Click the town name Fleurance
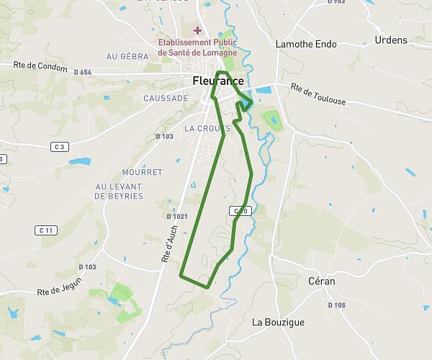(218, 81)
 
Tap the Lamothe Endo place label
(307, 44)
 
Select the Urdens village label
(391, 40)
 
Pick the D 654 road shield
(82, 72)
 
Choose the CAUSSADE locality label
(166, 98)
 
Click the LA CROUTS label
(207, 128)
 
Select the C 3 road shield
(60, 147)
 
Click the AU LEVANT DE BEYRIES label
(119, 191)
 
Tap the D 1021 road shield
(177, 216)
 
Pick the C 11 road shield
(46, 230)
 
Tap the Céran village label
(321, 281)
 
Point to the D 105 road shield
(337, 305)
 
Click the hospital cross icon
(197, 30)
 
